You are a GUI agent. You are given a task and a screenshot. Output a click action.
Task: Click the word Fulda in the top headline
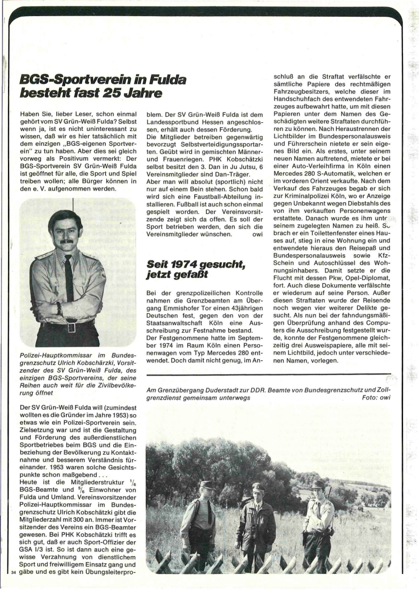coord(162,80)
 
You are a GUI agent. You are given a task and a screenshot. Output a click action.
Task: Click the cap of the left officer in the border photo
coord(207,484)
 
